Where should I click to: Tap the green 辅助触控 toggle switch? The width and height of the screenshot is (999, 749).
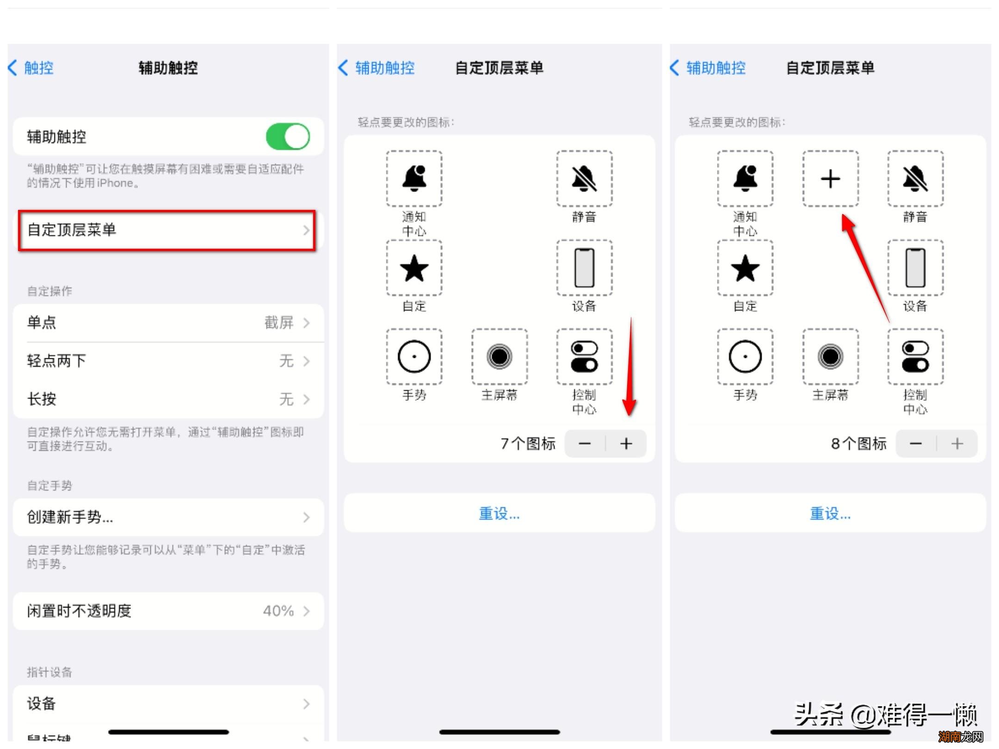pos(288,136)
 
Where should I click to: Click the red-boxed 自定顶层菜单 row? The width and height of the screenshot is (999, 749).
pos(166,230)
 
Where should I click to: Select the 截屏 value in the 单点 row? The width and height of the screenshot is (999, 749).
pos(278,322)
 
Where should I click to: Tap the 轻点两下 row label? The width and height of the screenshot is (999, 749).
pos(56,361)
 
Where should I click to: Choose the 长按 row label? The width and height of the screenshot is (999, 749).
pos(42,399)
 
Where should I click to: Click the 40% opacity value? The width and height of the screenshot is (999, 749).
pos(278,611)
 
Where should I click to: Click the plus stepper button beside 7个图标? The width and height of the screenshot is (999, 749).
pos(626,444)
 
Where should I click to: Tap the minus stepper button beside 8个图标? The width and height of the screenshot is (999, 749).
pos(916,444)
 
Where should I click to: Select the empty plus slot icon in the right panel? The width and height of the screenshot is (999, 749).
pos(830,179)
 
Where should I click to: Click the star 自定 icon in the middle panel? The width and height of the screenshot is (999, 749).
pos(414,268)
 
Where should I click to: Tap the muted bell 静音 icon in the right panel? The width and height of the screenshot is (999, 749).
pos(915,179)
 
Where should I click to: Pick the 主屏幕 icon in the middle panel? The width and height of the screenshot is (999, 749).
pos(499,356)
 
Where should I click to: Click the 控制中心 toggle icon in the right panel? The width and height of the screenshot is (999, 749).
pos(915,356)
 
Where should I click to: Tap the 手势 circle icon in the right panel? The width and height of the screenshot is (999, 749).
pos(745,356)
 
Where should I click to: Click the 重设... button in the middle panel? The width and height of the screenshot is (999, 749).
pos(499,513)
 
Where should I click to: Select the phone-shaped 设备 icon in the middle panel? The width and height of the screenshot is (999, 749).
pos(584,268)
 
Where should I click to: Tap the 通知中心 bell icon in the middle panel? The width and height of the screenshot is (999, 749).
pos(414,179)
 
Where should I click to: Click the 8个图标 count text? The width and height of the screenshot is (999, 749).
pos(858,444)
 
